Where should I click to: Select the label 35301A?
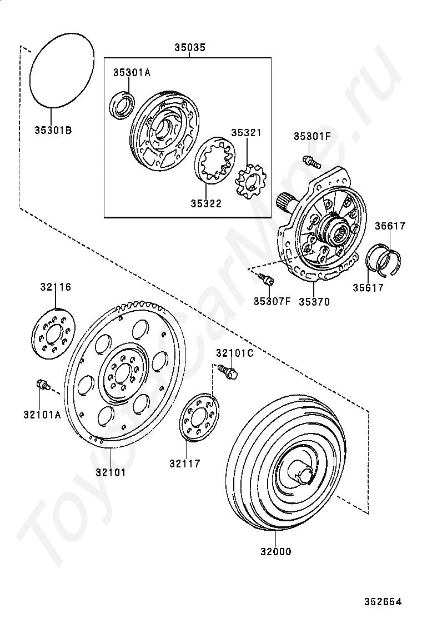[132, 72]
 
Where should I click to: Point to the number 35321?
[246, 133]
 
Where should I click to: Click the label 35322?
[206, 203]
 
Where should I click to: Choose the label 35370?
[314, 302]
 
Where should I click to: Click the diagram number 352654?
[383, 602]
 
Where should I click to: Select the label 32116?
[56, 287]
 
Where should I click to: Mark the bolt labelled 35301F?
[312, 162]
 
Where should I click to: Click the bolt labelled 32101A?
[42, 383]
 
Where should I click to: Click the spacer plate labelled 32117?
[200, 418]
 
